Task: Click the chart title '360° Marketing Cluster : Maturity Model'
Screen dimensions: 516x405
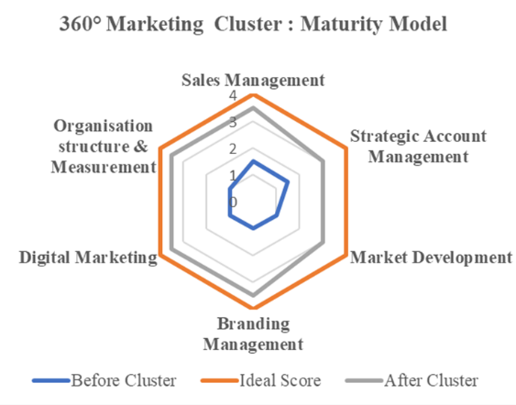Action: point(253,24)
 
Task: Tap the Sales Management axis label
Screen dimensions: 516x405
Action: point(253,81)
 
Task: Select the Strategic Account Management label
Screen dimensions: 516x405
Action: point(418,146)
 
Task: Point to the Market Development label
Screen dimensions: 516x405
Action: point(431,257)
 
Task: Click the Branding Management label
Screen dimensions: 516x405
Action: point(253,334)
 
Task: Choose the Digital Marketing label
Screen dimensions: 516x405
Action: point(88,257)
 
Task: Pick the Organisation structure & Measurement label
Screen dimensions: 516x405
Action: point(104,146)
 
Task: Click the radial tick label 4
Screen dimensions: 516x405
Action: point(233,95)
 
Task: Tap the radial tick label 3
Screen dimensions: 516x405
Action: point(233,123)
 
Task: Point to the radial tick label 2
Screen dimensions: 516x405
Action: point(233,149)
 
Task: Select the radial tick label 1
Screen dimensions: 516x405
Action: point(233,176)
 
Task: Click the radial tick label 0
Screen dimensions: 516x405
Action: point(233,202)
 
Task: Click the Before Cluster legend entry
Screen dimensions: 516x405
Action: point(104,380)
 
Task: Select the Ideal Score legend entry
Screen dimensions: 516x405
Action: point(261,380)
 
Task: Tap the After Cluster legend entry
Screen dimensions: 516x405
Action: point(412,380)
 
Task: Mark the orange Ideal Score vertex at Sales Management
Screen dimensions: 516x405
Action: point(253,95)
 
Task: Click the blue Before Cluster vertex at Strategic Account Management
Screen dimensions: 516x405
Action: point(289,181)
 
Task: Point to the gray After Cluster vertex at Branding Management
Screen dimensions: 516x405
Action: point(253,295)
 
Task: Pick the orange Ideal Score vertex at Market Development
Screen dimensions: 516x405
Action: point(346,255)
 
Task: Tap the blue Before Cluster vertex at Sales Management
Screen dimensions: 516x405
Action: point(253,161)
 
